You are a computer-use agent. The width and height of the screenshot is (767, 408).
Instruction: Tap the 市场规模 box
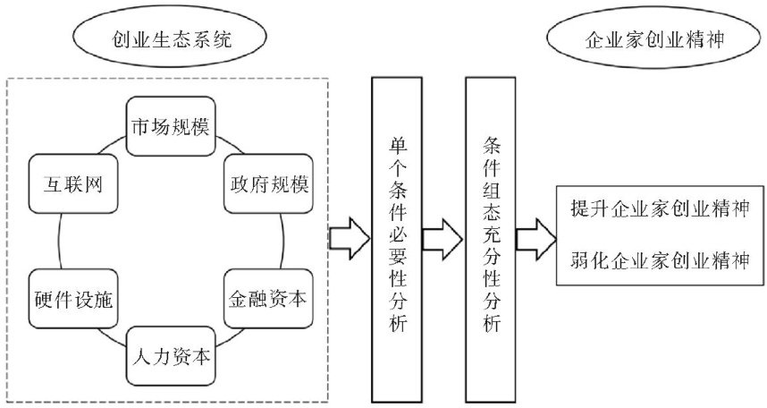tap(170, 124)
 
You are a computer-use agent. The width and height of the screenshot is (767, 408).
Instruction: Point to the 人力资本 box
tap(170, 355)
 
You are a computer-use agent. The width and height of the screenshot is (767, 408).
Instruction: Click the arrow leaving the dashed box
tap(349, 237)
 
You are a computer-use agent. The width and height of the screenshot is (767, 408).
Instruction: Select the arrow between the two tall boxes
tap(442, 237)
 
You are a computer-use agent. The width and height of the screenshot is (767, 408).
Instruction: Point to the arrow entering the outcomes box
tap(535, 237)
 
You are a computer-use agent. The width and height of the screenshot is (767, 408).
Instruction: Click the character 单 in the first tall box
tap(394, 144)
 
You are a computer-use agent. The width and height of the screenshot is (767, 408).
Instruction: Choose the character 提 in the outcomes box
tap(578, 209)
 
